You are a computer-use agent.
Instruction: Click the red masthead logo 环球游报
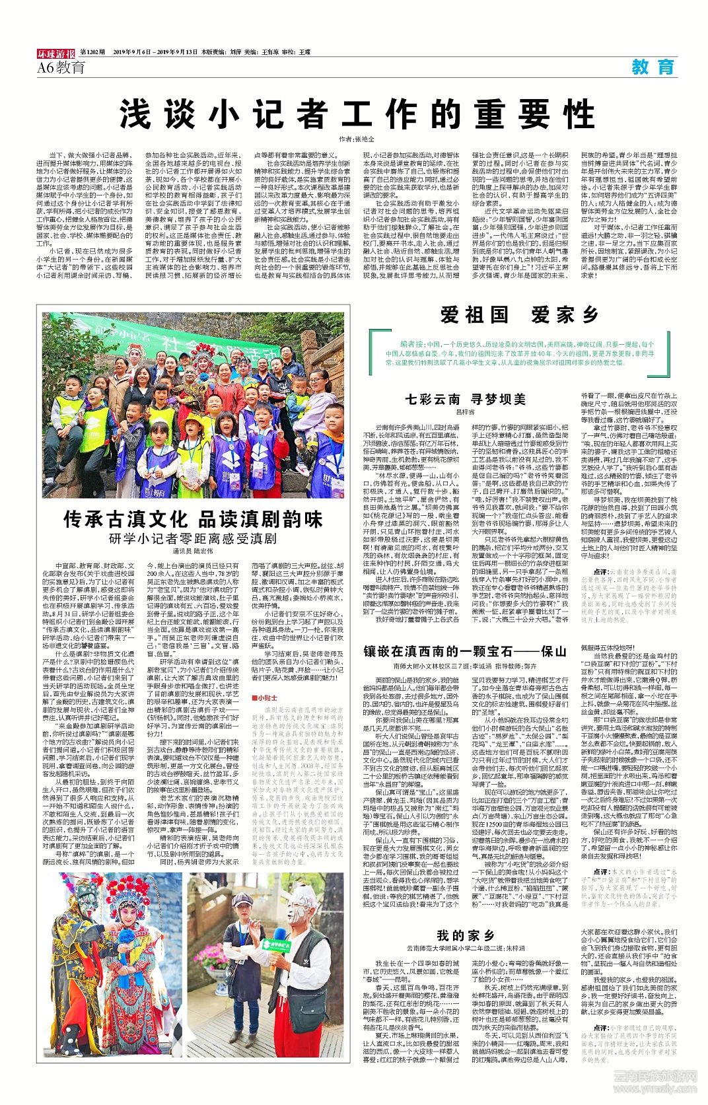(x=56, y=52)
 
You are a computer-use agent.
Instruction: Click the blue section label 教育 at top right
(x=653, y=67)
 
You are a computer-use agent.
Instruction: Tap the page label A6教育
(x=61, y=67)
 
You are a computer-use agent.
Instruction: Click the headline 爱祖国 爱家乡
(x=519, y=315)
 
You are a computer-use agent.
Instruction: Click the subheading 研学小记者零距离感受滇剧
(x=193, y=538)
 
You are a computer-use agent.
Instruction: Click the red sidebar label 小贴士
(x=267, y=697)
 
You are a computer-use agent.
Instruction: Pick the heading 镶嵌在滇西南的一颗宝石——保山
(x=464, y=651)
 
